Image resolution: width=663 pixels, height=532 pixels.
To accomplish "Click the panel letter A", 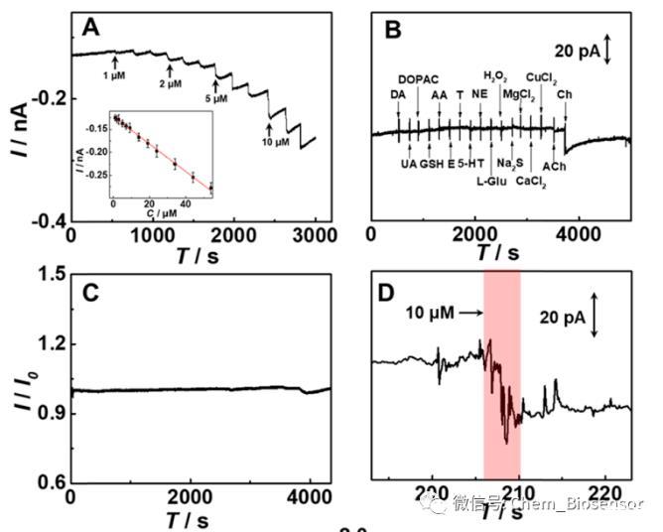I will (91, 28).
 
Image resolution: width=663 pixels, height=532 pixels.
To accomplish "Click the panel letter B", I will (392, 31).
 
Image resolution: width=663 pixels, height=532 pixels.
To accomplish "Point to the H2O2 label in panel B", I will (495, 75).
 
